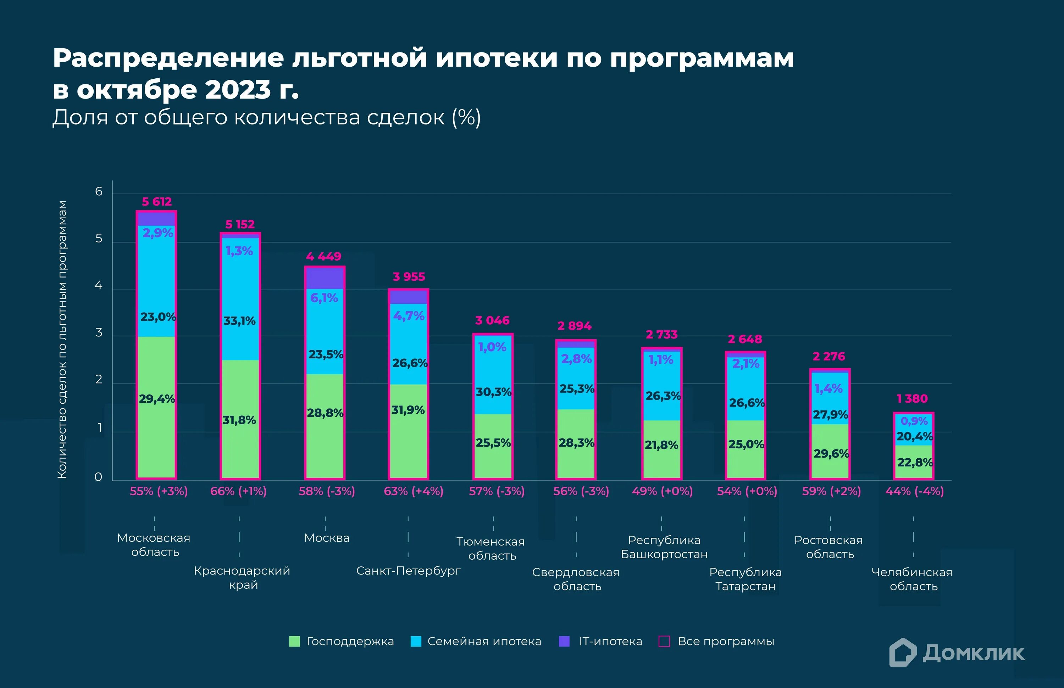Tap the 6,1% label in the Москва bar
pos(324,298)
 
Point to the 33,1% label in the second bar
pos(240,321)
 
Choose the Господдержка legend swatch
pos(294,642)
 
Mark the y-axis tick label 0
pos(98,477)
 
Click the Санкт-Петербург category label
pos(408,571)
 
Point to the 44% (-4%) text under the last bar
pos(914,491)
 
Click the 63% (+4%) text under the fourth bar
pos(414,491)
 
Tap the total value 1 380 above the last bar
pos(912,398)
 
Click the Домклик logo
pos(957,653)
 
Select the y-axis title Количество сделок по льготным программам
pos(62,340)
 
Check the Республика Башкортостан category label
pos(664,547)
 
